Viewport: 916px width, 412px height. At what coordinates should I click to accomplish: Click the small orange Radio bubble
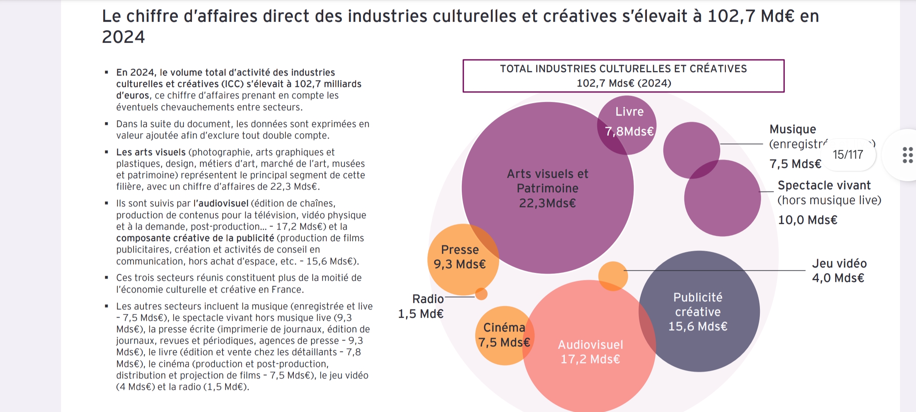[x=481, y=294]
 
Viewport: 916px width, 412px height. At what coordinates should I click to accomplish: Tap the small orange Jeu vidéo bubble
[x=613, y=276]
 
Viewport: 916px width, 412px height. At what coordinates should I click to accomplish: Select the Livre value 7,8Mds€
[x=629, y=132]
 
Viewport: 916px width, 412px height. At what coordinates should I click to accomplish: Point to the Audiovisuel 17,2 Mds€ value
[x=590, y=359]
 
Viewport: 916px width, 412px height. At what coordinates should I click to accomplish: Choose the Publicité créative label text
[x=698, y=304]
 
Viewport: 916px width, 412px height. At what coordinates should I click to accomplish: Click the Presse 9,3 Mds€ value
[x=460, y=264]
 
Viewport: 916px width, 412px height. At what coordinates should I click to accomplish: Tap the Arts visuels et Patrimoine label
[x=548, y=181]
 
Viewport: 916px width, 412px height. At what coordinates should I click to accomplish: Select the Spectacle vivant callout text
[x=824, y=185]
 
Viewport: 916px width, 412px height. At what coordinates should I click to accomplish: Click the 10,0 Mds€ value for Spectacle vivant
[x=808, y=220]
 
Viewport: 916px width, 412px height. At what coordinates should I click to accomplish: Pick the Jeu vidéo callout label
[x=839, y=264]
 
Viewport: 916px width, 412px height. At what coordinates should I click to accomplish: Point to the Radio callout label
[x=428, y=299]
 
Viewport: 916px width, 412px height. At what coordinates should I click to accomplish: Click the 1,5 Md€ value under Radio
[x=421, y=314]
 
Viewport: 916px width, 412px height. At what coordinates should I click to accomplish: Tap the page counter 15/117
[x=848, y=154]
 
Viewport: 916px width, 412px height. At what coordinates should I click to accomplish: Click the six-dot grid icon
[x=908, y=155]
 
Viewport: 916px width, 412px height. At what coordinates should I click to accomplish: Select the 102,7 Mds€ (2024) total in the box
[x=624, y=83]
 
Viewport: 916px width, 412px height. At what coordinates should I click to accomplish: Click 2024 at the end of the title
[x=124, y=37]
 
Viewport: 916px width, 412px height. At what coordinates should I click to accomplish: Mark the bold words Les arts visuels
[x=151, y=152]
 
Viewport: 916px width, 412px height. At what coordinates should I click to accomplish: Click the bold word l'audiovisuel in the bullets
[x=221, y=203]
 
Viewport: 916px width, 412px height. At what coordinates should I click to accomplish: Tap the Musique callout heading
[x=793, y=129]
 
